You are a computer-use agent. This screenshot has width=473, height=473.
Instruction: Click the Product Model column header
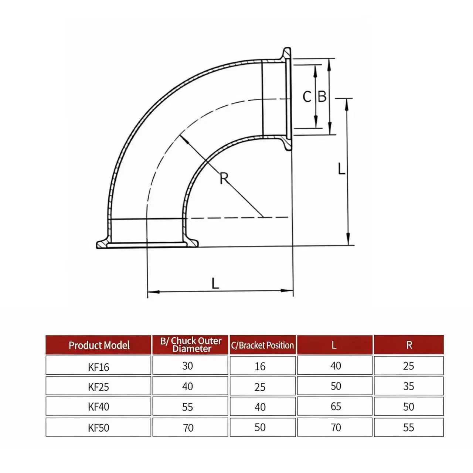click(99, 345)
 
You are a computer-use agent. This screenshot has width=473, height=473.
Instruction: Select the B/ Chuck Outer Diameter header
click(191, 345)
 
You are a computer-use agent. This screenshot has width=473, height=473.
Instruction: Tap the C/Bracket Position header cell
click(262, 345)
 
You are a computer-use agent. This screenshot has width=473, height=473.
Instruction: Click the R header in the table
click(409, 345)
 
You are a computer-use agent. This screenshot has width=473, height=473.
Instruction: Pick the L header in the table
click(334, 345)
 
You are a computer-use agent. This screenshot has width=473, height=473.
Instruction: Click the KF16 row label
click(98, 367)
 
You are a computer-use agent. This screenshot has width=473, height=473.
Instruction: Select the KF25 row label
click(98, 387)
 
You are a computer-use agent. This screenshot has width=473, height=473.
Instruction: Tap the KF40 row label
click(98, 407)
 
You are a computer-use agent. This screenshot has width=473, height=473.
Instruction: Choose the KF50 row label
click(98, 428)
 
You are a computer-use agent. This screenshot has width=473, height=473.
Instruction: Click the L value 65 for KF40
click(336, 406)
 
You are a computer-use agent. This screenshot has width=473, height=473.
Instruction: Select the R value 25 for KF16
click(408, 366)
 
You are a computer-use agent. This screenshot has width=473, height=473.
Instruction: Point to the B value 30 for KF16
click(187, 366)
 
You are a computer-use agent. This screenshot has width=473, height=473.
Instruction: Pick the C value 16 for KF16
click(260, 366)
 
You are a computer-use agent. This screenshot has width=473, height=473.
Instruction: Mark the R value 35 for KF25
click(408, 386)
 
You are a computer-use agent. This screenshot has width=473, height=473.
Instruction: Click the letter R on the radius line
click(224, 178)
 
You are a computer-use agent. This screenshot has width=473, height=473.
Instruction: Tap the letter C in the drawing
click(307, 97)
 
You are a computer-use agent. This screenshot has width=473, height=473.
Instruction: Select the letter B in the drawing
click(322, 97)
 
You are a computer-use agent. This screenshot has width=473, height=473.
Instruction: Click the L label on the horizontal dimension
click(215, 283)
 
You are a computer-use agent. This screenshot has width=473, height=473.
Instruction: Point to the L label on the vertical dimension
click(341, 169)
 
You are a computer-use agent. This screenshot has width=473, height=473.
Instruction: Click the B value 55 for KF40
click(187, 407)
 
